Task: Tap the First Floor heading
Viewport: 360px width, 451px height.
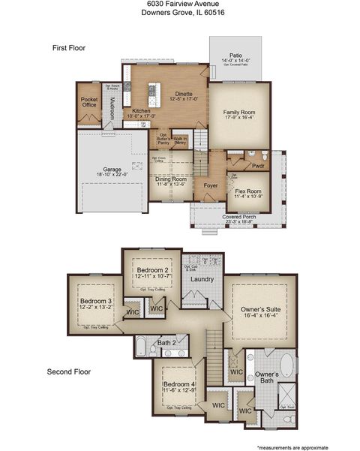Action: (69, 48)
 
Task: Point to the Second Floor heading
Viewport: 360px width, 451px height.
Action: (69, 371)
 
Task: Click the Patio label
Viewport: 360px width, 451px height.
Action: (235, 56)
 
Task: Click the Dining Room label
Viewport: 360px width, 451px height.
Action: (171, 179)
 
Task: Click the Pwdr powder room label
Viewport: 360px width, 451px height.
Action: (259, 166)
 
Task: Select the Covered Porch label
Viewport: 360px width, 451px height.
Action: (238, 217)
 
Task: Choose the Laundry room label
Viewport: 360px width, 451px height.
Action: (202, 279)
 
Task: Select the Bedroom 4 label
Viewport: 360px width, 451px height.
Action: (178, 385)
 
